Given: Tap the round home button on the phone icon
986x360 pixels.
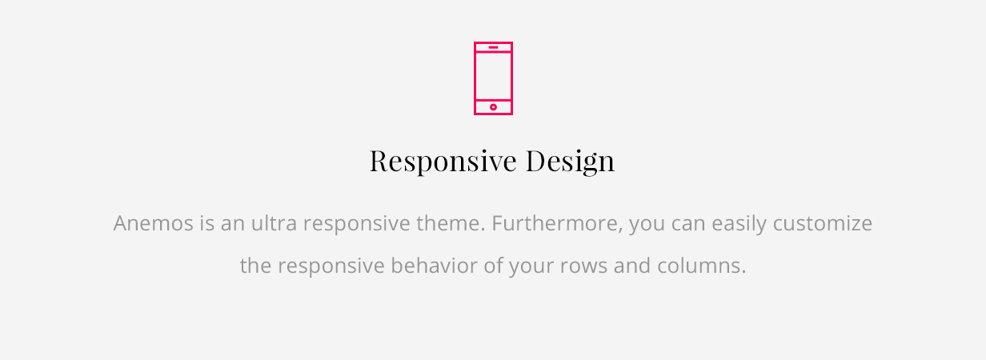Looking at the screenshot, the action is tap(494, 107).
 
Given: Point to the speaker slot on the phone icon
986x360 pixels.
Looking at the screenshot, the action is tap(494, 47).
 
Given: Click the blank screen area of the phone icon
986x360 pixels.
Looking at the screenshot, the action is tap(494, 76).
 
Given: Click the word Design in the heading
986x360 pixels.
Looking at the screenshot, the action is tap(570, 161).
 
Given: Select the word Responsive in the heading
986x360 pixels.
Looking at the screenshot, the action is tap(443, 161).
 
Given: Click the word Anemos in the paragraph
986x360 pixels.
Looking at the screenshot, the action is tap(153, 223).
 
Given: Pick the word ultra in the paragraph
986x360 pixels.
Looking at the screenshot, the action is tap(274, 222).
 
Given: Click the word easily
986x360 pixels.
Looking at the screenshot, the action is tap(739, 224).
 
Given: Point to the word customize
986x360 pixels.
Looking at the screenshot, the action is tap(823, 223).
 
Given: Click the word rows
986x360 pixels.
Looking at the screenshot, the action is tap(583, 266).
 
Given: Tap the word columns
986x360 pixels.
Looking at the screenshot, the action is tap(702, 266).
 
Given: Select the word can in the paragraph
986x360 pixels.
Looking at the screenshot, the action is tap(688, 224).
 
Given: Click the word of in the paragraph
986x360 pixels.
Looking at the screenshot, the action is tap(493, 266).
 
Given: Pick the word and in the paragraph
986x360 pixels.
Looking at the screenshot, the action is tap(632, 266).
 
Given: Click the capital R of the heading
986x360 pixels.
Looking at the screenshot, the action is tap(380, 161).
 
